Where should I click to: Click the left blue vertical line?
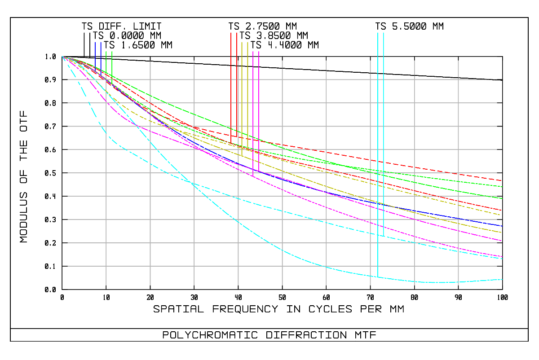[95, 54]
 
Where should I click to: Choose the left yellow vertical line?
[242, 90]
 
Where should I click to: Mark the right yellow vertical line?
[247, 90]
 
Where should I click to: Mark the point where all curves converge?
[62, 57]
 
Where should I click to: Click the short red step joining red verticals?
[234, 136]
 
